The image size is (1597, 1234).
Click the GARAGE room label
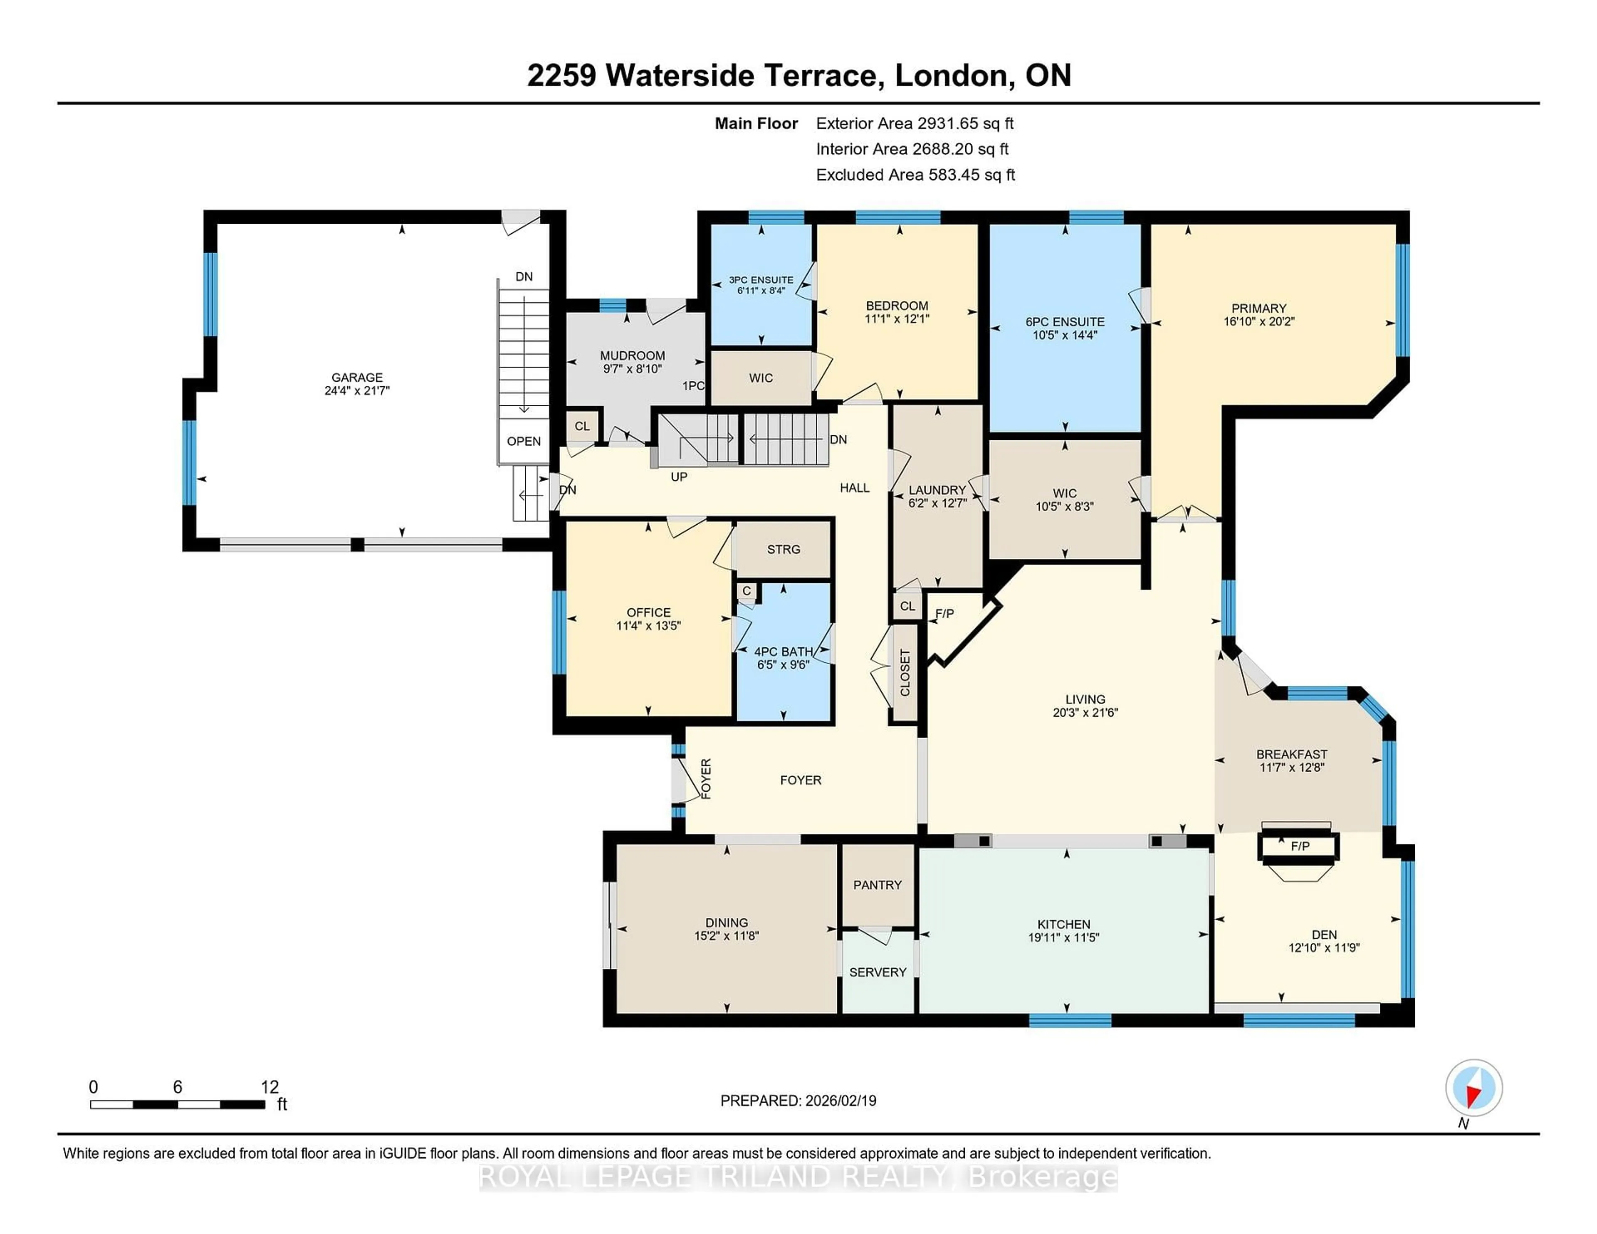pyautogui.click(x=357, y=377)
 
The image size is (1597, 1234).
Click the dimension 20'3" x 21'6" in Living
pyautogui.click(x=1085, y=712)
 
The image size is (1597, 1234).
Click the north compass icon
pyautogui.click(x=1473, y=1088)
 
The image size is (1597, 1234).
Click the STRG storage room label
pyautogui.click(x=783, y=549)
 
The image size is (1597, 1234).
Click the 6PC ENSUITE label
pyautogui.click(x=1065, y=322)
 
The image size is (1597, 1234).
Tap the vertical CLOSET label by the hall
pyautogui.click(x=905, y=673)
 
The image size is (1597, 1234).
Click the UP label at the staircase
pyautogui.click(x=679, y=476)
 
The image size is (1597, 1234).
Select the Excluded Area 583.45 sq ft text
pyautogui.click(x=915, y=175)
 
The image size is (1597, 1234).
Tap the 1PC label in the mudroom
pyautogui.click(x=692, y=385)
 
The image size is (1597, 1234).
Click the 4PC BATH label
pyautogui.click(x=783, y=652)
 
